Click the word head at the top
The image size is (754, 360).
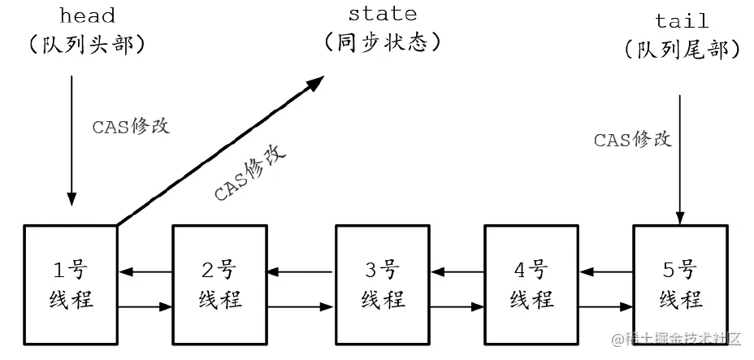coord(86,16)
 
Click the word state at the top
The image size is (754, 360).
coord(382,14)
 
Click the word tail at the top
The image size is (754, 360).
coord(681,20)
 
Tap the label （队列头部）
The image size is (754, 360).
coord(86,44)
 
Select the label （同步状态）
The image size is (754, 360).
coord(382,41)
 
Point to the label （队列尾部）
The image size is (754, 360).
coord(682,49)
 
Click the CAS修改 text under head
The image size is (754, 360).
coord(130,128)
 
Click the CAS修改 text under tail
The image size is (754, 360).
coord(632,140)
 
